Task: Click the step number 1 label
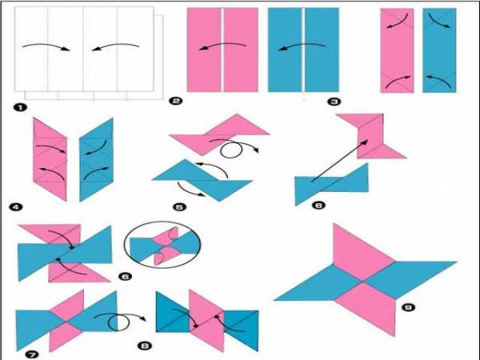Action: click(x=21, y=107)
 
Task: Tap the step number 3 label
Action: click(x=334, y=102)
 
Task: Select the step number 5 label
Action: click(x=180, y=207)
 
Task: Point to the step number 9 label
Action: click(x=408, y=307)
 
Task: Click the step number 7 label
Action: click(x=32, y=354)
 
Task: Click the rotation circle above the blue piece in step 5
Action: click(x=231, y=150)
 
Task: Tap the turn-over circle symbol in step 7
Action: click(x=119, y=322)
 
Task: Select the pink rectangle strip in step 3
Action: click(x=397, y=50)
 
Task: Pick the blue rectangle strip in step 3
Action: click(x=439, y=50)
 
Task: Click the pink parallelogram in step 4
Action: click(x=50, y=159)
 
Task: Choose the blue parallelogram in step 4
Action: click(x=96, y=160)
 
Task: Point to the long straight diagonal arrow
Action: click(x=340, y=161)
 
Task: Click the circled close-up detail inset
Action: click(x=162, y=245)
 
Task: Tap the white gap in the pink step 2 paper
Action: click(x=222, y=50)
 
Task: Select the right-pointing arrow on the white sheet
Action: click(x=46, y=46)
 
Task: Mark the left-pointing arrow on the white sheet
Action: click(x=116, y=46)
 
